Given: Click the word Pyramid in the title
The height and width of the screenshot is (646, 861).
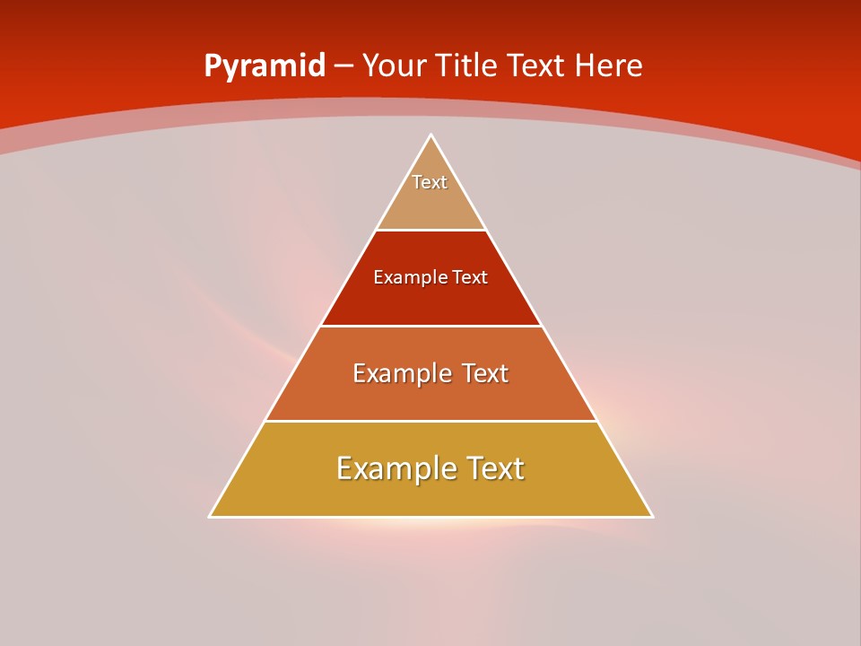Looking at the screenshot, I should point(265,66).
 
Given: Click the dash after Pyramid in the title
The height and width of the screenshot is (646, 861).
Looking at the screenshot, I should point(344,66).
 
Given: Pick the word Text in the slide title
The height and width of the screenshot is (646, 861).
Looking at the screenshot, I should point(537,65).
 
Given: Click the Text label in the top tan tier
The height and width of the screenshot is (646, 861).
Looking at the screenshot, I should point(430,182).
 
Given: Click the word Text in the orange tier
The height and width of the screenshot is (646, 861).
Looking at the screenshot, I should point(485,373).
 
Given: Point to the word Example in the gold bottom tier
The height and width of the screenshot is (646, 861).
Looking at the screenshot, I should point(396,468).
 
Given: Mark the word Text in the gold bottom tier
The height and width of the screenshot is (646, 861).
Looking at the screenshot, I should point(495,468).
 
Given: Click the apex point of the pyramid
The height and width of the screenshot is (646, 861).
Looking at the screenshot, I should point(430,135).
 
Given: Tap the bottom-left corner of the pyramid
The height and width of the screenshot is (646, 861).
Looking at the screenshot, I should point(211,516).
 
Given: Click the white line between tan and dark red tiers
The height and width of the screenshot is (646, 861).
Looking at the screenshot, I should point(430,230).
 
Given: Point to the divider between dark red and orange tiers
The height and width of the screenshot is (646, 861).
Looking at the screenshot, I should point(430,326).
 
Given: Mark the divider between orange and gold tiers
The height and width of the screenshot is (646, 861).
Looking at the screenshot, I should point(430,421).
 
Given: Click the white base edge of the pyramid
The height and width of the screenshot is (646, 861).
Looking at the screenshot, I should point(430,517).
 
